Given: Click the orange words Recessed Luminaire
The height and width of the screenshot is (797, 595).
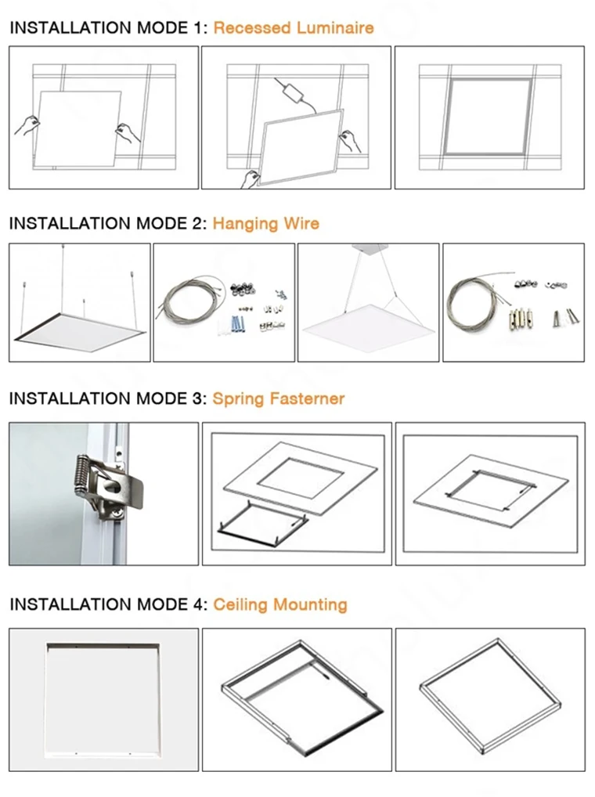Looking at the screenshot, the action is (293, 28).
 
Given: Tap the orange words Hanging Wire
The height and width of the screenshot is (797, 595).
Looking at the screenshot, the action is (265, 223).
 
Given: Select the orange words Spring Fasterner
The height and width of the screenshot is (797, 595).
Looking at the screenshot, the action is (278, 398).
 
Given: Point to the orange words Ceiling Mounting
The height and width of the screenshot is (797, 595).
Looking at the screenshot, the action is (279, 604).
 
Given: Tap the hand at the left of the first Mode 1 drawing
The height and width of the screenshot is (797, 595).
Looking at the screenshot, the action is (27, 124).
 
